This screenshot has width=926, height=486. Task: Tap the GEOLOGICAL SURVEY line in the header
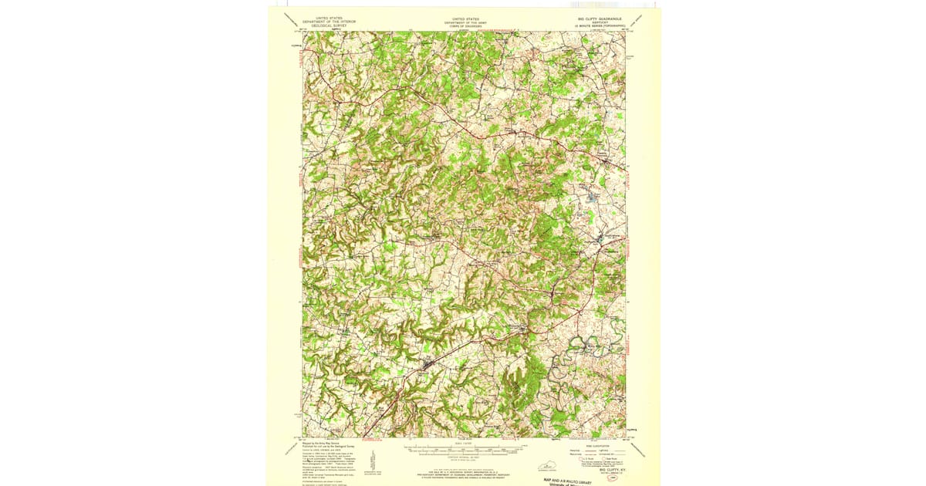[325, 25]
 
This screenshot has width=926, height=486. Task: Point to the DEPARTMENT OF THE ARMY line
[465, 22]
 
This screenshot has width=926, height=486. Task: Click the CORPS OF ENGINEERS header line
[465, 26]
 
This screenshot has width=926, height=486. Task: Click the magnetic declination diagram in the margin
[373, 461]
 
